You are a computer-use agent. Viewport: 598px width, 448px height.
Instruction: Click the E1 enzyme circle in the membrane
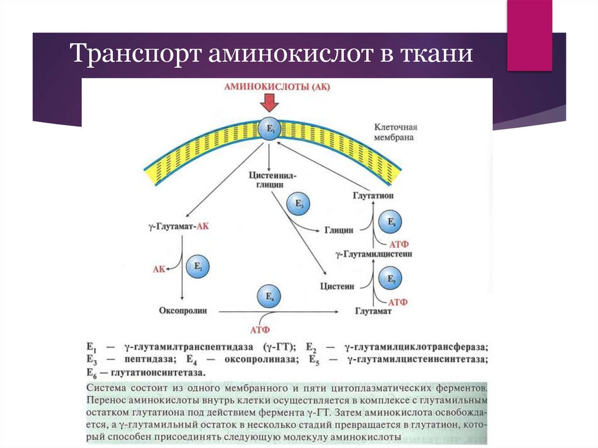pyautogui.click(x=269, y=129)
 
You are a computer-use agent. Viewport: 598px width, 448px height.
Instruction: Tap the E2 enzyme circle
pyautogui.click(x=197, y=267)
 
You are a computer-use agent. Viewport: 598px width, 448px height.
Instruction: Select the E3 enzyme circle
pyautogui.click(x=298, y=204)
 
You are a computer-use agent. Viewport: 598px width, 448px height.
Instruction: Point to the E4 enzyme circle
pyautogui.click(x=269, y=297)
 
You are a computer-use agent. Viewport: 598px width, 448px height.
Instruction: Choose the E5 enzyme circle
pyautogui.click(x=391, y=279)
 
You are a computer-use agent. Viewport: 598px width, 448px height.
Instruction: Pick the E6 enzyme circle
pyautogui.click(x=391, y=222)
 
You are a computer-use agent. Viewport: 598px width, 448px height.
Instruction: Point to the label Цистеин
pyautogui.click(x=338, y=286)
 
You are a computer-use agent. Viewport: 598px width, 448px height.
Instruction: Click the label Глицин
pyautogui.click(x=339, y=230)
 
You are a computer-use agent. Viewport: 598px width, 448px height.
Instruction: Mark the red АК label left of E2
pyautogui.click(x=159, y=269)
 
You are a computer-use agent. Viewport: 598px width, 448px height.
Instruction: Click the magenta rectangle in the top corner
pyautogui.click(x=529, y=35)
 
